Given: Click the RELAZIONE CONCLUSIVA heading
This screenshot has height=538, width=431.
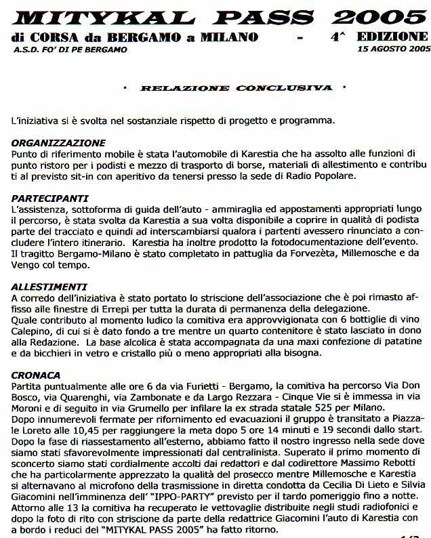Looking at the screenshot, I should (x=236, y=88).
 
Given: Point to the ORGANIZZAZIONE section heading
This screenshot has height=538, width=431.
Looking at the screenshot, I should (x=59, y=143).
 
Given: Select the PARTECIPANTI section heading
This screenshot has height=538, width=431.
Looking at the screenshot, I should (x=50, y=199).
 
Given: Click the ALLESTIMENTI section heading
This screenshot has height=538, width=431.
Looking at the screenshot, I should (x=49, y=287).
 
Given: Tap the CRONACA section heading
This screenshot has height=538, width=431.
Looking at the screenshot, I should (x=36, y=375).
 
